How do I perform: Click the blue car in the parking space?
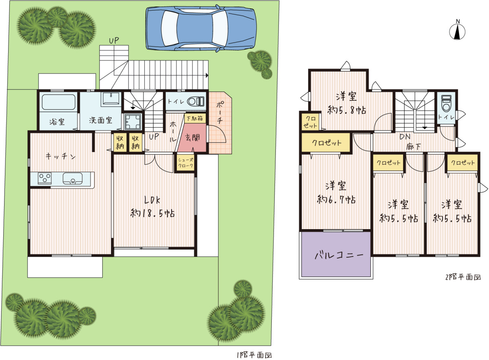(x=201, y=29)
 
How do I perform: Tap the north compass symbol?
(x=457, y=31)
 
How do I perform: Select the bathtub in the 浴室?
(x=59, y=102)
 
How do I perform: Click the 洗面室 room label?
(x=100, y=120)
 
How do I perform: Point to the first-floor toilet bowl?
(x=196, y=102)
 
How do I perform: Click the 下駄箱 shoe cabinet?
(x=195, y=118)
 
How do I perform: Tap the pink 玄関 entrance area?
(x=192, y=138)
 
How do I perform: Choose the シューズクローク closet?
(x=185, y=163)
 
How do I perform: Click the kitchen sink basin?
(x=73, y=179)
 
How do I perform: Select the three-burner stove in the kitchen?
(x=45, y=178)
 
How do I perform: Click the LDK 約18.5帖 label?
(x=152, y=207)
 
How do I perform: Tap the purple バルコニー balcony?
(x=336, y=254)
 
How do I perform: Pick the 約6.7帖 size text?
(x=336, y=200)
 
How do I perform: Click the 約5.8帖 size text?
(x=347, y=110)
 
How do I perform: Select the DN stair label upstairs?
(x=405, y=137)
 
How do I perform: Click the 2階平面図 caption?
(x=463, y=277)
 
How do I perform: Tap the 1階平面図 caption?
(x=255, y=355)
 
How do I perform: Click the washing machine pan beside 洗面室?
(x=133, y=121)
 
